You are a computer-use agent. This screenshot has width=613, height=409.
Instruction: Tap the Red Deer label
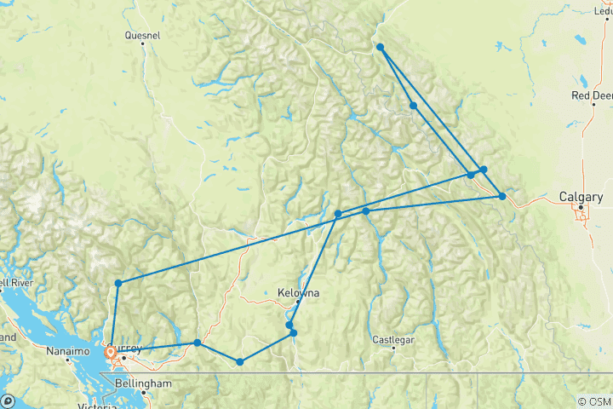591,95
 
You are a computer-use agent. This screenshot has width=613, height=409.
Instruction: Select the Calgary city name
581,197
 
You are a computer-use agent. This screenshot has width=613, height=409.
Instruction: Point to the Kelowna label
298,293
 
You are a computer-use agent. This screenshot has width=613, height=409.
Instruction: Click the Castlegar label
393,340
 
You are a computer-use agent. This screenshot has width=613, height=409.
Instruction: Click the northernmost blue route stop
380,47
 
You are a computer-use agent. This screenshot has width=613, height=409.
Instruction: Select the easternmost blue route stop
502,197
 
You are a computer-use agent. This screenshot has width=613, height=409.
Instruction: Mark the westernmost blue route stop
111,352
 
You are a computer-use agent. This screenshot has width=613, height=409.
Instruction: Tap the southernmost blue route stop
240,362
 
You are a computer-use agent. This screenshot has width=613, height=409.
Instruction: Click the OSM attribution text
593,401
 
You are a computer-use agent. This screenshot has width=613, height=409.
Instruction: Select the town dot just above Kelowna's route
298,301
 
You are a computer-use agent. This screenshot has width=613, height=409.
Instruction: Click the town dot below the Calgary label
581,206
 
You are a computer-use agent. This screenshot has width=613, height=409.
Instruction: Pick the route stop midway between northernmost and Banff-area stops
413,106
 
